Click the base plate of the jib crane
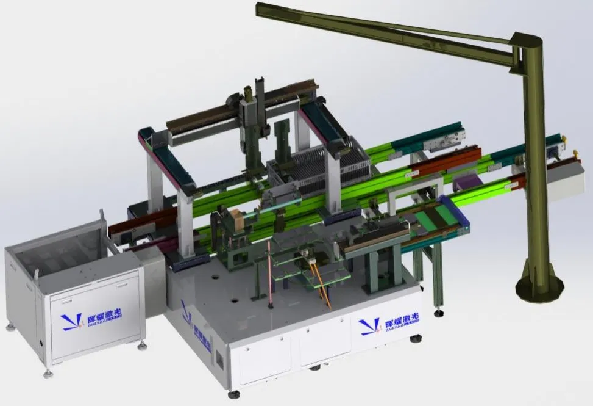coord(539,287)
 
